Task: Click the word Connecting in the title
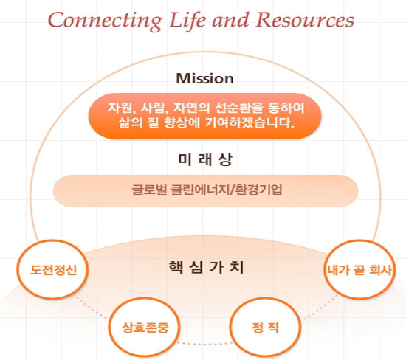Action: [106, 21]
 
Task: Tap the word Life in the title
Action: [187, 20]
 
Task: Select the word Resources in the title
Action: [305, 20]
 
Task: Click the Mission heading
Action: [204, 78]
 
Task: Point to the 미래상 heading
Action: [205, 159]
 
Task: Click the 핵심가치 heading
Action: [206, 267]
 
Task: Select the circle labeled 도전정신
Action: [53, 269]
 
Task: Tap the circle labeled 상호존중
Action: [145, 327]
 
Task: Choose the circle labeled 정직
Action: [266, 327]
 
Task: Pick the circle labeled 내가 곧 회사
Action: [360, 269]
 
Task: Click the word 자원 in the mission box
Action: [120, 108]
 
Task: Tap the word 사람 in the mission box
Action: [154, 108]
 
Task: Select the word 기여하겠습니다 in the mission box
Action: [250, 122]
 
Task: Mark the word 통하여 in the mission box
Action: [286, 108]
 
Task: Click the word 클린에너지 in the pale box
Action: [199, 190]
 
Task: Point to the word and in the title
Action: [231, 20]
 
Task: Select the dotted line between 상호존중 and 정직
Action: [204, 344]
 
